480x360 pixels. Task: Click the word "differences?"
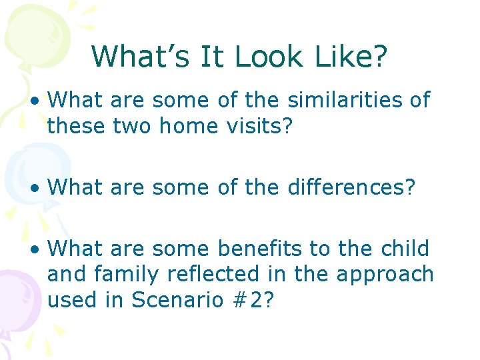[351, 187]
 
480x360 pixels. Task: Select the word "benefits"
[262, 249]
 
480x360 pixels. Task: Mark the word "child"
[404, 249]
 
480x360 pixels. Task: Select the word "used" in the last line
[71, 300]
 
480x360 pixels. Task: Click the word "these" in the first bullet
[75, 126]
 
